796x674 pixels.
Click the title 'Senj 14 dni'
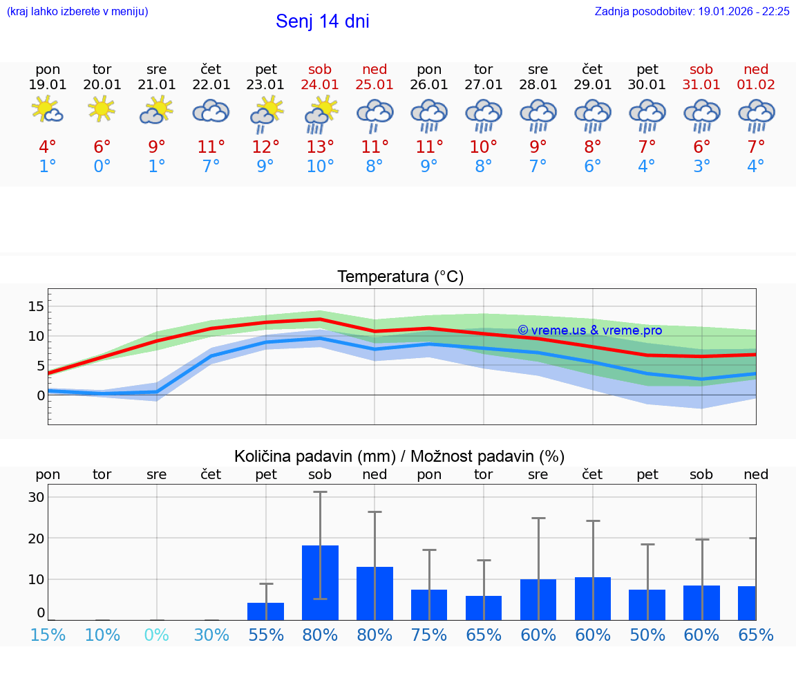(x=322, y=21)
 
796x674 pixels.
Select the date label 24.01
(x=320, y=84)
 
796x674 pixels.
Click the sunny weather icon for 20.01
(x=102, y=109)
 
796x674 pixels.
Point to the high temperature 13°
(x=320, y=147)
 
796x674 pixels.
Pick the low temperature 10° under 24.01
(x=320, y=167)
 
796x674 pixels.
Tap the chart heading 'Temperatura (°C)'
(x=400, y=277)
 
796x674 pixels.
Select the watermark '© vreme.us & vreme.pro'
(x=589, y=330)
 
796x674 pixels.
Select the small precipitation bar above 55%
(x=265, y=611)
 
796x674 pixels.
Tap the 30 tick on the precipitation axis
(x=37, y=497)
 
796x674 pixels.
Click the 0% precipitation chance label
(x=157, y=635)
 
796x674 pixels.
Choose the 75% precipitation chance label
(x=429, y=635)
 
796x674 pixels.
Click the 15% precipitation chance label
(x=48, y=635)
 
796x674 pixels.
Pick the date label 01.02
(x=756, y=84)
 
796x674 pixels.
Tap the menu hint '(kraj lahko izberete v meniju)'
(x=77, y=11)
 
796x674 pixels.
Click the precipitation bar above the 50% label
(x=647, y=604)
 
